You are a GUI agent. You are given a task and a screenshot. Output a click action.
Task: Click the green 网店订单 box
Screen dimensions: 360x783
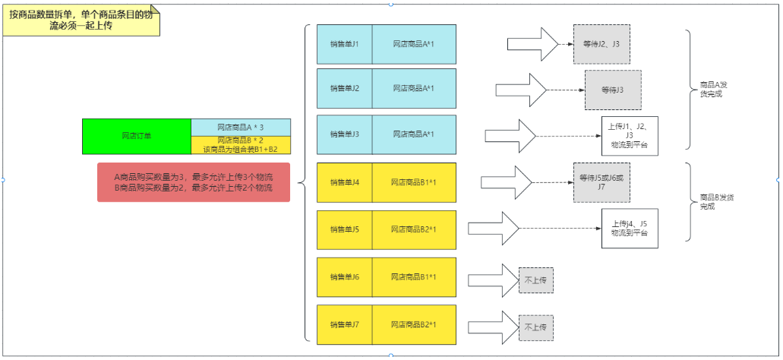[137, 136]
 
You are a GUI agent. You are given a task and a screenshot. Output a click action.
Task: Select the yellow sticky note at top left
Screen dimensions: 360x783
[81, 21]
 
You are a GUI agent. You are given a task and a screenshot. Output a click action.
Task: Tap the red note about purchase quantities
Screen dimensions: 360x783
[194, 182]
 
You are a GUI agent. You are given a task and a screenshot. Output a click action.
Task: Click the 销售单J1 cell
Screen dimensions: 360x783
[344, 44]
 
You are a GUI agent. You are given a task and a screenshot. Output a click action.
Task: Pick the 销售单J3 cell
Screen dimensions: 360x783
[344, 134]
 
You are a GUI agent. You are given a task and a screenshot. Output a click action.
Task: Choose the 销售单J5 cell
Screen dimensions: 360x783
[344, 229]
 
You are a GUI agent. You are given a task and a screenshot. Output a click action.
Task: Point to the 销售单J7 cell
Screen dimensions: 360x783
[344, 324]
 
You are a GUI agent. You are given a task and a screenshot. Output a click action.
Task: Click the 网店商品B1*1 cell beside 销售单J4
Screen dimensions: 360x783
[413, 182]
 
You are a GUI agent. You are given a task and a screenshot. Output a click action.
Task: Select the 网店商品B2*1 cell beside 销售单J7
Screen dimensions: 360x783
[413, 324]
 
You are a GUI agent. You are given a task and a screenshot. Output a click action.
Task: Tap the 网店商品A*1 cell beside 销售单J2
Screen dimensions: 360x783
[413, 89]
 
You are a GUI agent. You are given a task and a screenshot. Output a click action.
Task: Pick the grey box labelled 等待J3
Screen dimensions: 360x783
[612, 90]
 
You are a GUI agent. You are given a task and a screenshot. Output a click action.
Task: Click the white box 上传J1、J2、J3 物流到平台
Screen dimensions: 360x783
[629, 134]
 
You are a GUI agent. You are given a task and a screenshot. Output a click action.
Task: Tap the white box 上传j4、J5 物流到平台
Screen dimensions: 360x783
[629, 229]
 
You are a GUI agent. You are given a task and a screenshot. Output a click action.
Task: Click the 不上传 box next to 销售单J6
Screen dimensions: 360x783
[535, 280]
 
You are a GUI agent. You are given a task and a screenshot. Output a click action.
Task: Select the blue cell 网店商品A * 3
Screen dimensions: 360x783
[240, 127]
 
